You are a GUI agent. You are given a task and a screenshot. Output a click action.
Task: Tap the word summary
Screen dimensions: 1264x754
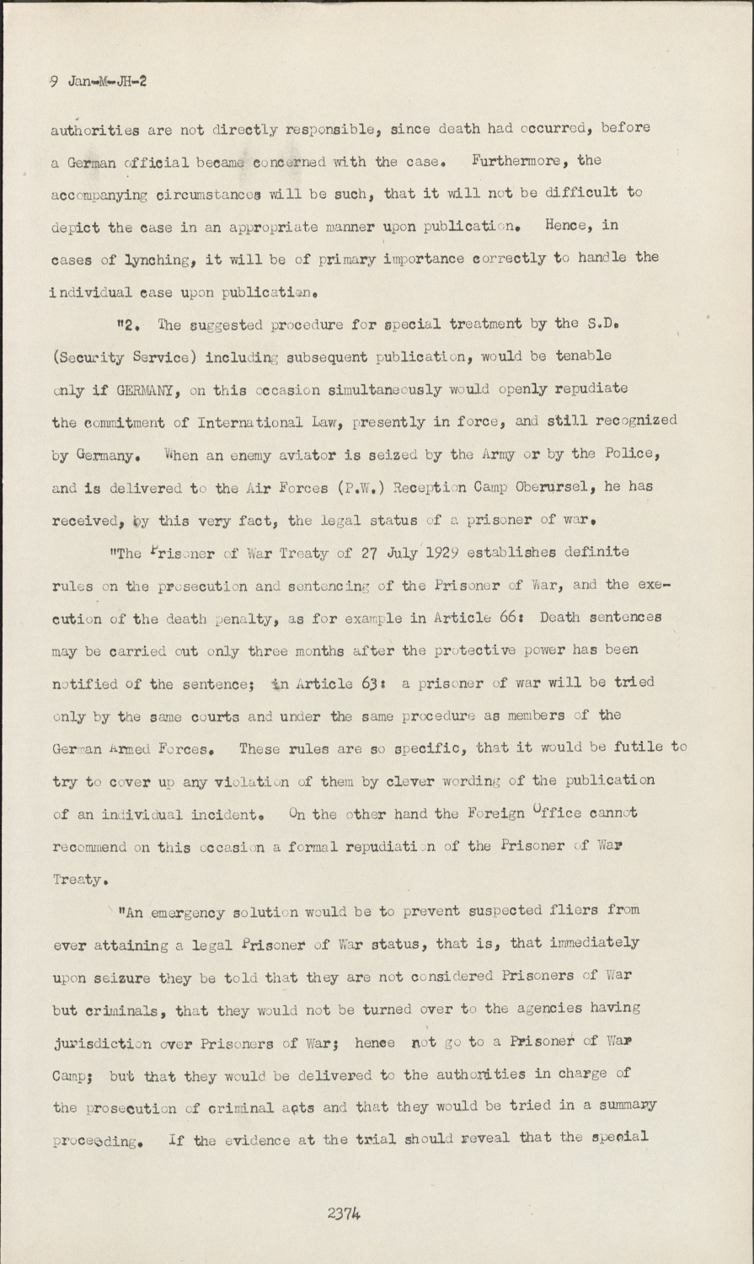(624, 1105)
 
